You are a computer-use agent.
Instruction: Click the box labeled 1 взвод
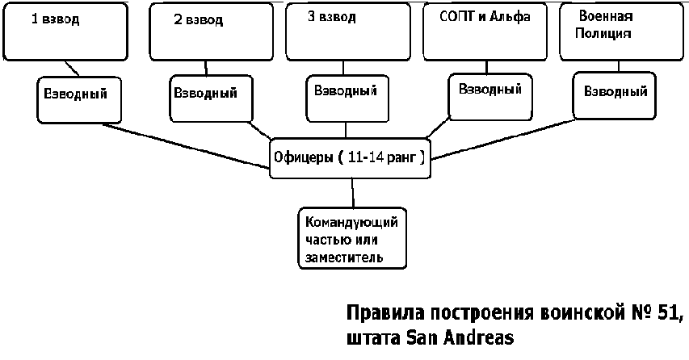tap(65, 31)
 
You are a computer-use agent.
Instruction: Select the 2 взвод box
tap(212, 31)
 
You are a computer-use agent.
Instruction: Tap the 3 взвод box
tap(348, 31)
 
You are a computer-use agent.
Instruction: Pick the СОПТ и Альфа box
tap(485, 31)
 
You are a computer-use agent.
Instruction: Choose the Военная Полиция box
tap(621, 31)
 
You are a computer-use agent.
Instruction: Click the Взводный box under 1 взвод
tap(79, 100)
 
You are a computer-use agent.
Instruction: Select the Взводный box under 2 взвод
tap(212, 98)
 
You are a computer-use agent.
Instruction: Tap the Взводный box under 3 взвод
tap(347, 98)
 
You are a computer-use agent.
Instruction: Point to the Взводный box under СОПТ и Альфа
tap(490, 97)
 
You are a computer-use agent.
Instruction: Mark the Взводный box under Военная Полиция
tap(615, 96)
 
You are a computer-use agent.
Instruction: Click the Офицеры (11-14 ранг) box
tap(350, 158)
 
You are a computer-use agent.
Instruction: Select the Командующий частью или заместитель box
tap(352, 238)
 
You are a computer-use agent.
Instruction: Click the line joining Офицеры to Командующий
tap(352, 193)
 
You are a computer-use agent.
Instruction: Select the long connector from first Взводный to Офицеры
tap(186, 146)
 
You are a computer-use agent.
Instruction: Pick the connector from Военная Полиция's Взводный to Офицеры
tap(502, 139)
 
